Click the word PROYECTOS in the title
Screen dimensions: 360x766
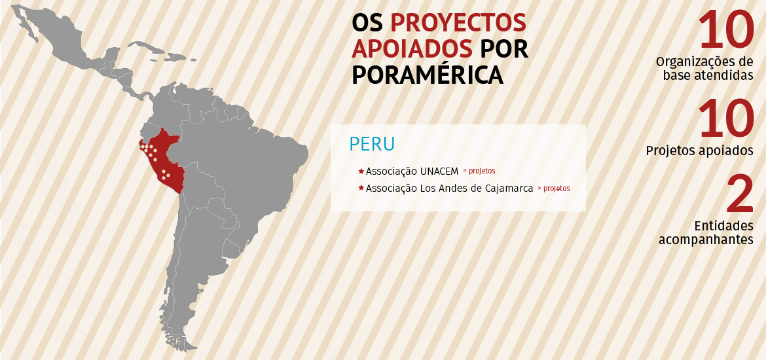[x=458, y=23]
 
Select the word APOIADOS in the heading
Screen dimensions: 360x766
[x=412, y=48]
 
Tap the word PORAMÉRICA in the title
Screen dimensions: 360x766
[x=428, y=74]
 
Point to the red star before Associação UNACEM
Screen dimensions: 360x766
[x=361, y=171]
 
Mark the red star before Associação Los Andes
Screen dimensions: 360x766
[x=361, y=189]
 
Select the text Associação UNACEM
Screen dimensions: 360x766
[x=412, y=171]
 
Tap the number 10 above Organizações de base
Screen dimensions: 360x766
[x=725, y=30]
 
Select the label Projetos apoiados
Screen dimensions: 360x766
[x=699, y=151]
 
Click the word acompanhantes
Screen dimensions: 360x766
[x=706, y=240]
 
